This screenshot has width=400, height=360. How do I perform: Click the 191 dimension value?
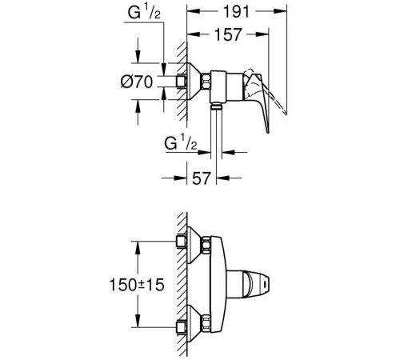click(x=236, y=12)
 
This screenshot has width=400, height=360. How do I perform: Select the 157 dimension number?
click(x=228, y=34)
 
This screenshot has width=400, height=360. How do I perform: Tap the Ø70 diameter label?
click(x=137, y=82)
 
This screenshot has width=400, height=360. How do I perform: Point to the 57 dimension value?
click(x=202, y=178)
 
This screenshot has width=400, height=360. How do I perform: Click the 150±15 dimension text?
click(x=137, y=285)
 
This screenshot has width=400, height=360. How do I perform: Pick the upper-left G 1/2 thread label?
click(x=144, y=12)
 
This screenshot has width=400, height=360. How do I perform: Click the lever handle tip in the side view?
click(x=268, y=131)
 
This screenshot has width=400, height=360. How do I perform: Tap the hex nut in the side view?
click(x=206, y=82)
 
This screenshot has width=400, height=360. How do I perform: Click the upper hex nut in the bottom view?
click(x=206, y=245)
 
